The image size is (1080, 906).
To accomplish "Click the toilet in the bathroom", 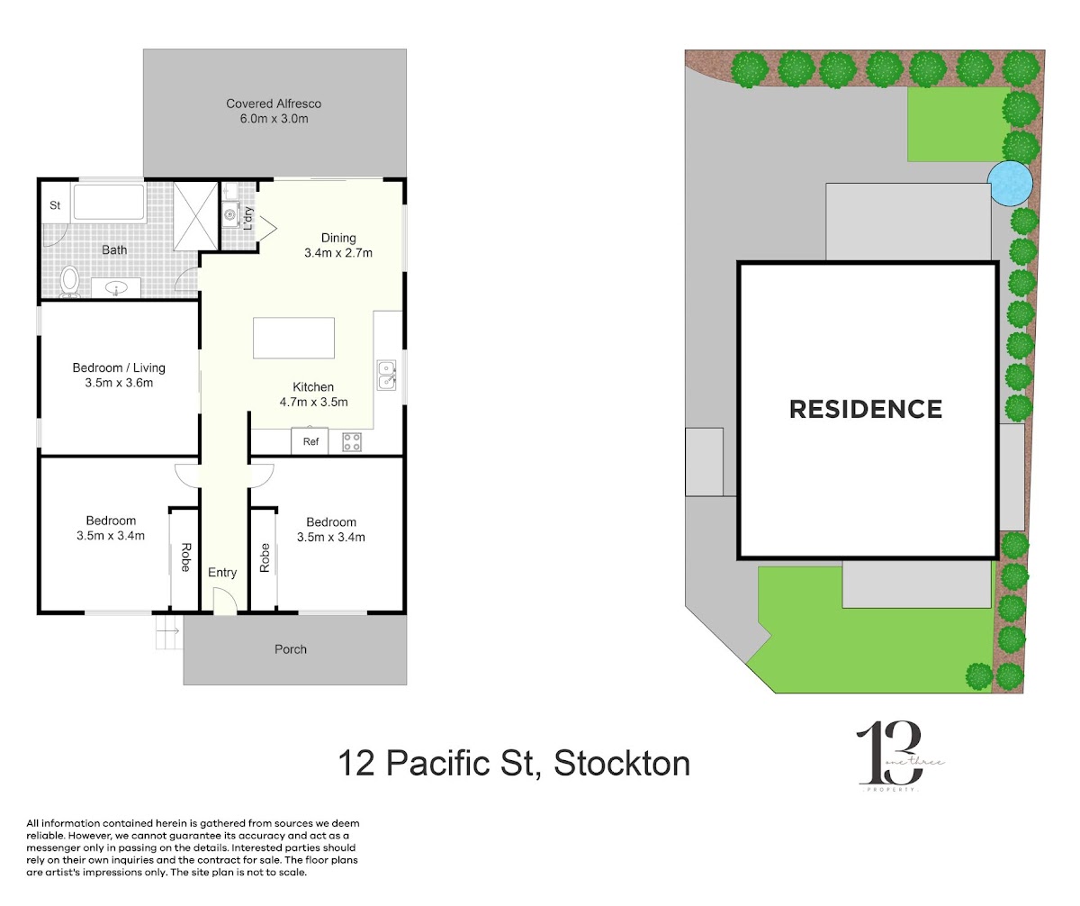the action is (x=69, y=282).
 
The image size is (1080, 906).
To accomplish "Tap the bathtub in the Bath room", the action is (x=109, y=203).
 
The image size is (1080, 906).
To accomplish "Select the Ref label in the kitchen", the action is (x=310, y=441).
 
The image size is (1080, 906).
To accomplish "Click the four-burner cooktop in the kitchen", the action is (x=352, y=442).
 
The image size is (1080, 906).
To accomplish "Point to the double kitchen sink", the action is (x=386, y=376).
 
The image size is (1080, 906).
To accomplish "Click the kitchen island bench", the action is (x=293, y=338).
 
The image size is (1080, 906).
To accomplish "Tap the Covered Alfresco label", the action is (x=274, y=104).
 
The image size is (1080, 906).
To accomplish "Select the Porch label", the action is (x=291, y=649).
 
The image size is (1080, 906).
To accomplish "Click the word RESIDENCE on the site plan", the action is (x=865, y=410).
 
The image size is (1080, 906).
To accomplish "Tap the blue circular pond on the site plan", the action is (x=1010, y=183).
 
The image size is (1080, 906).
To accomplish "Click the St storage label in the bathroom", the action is (x=55, y=205).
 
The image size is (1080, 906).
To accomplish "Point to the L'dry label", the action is (x=248, y=219).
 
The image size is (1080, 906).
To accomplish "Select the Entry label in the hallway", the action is (x=222, y=573).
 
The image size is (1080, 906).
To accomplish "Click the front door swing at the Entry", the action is (x=226, y=601).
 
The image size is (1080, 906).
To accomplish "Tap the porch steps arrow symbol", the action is (x=168, y=630).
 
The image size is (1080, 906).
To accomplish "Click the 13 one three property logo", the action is (x=897, y=757).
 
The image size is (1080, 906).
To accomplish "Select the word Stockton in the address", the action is (x=622, y=763).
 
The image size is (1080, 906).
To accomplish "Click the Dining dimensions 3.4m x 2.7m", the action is (x=338, y=253).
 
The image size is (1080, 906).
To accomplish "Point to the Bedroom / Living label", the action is (x=119, y=367).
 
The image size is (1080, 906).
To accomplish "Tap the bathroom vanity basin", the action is (x=116, y=287).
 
